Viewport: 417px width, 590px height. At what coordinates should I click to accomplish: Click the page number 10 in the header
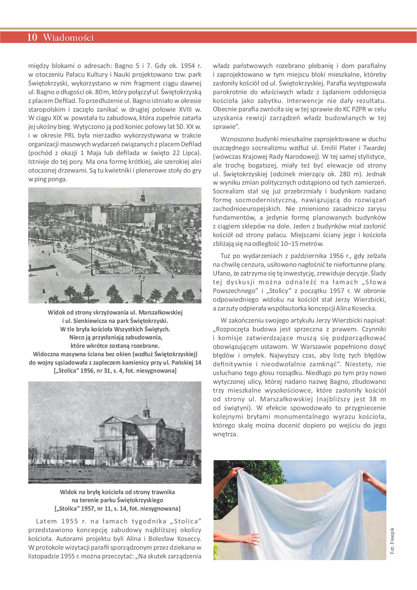(32, 38)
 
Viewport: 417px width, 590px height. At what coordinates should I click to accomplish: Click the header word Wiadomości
(68, 38)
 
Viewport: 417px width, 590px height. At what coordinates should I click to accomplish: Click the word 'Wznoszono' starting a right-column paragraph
(237, 139)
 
